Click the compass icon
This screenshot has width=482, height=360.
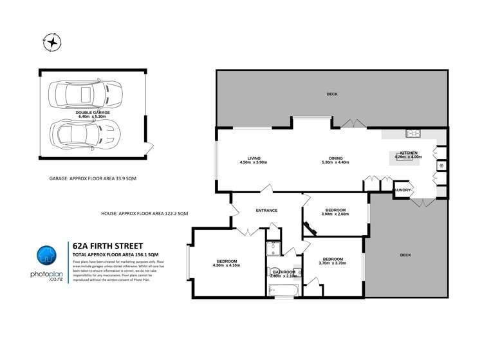[x=51, y=43]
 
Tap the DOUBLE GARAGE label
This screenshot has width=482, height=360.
[x=92, y=112]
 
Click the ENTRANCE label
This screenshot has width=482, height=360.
[x=266, y=211]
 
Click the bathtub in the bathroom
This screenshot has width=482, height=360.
[x=282, y=291]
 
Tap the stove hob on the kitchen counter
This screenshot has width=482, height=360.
[x=412, y=134]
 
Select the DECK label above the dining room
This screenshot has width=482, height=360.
[x=331, y=94]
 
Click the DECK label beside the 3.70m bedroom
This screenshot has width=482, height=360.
[x=405, y=255]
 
